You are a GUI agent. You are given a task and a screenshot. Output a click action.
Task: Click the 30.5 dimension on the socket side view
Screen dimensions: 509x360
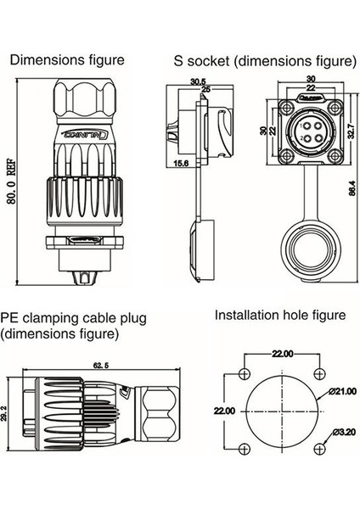click(198, 82)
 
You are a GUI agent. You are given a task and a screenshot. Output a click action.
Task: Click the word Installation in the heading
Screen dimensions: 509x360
click(243, 316)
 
